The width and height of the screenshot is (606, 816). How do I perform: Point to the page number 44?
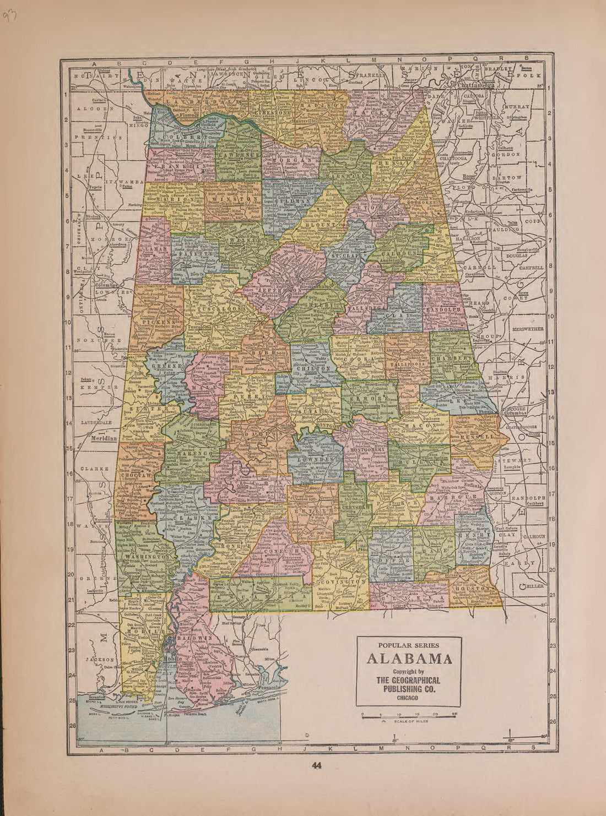[x=316, y=765]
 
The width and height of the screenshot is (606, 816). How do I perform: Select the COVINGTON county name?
[x=342, y=581]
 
